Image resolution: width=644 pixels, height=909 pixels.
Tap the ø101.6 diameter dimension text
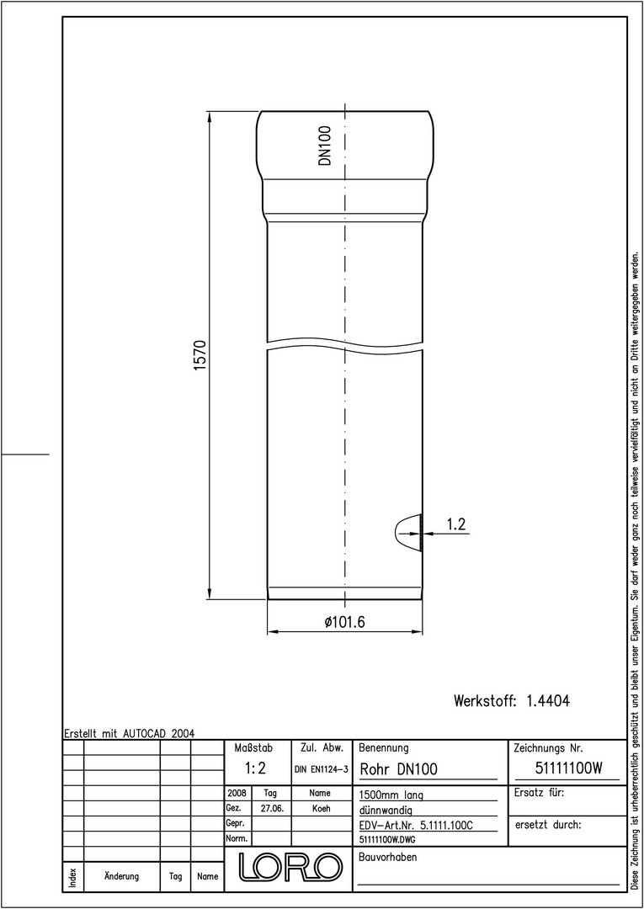tap(344, 622)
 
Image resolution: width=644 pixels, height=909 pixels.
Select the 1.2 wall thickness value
tap(456, 524)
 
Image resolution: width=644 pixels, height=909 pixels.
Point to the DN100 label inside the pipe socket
tap(325, 146)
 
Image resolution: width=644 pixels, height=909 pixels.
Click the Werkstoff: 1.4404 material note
tap(512, 701)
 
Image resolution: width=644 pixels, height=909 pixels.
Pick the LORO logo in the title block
tap(290, 866)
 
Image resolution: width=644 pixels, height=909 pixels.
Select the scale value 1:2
tap(254, 768)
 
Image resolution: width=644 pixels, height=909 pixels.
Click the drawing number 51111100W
tap(567, 768)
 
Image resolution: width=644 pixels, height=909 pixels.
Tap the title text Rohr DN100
tap(399, 769)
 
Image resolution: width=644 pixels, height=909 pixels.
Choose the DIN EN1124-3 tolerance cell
tap(321, 769)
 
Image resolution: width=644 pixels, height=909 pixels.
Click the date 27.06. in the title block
tap(272, 808)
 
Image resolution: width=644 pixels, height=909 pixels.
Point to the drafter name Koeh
tap(321, 808)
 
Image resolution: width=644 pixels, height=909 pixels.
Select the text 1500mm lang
tap(391, 795)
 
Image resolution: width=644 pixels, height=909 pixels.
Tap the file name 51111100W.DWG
tap(387, 838)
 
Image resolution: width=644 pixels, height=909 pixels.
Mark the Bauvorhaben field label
tap(388, 858)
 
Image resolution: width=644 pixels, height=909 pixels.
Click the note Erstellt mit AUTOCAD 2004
tap(129, 733)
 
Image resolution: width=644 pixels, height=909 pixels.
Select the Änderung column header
tap(122, 876)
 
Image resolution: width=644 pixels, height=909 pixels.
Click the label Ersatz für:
tap(539, 793)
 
